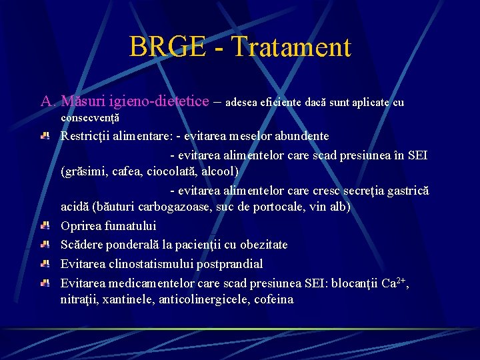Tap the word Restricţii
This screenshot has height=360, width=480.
(89, 136)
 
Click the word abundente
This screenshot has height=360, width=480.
(299, 136)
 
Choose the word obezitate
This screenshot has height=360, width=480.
(260, 245)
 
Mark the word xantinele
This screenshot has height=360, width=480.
(129, 299)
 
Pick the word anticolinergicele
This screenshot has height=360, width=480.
(204, 299)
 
